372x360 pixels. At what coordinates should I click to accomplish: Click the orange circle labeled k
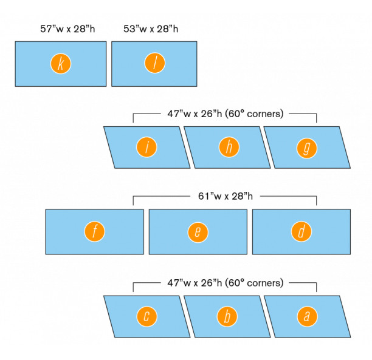[60, 64]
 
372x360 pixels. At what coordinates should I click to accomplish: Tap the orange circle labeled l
[154, 64]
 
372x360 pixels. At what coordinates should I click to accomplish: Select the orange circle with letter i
[146, 147]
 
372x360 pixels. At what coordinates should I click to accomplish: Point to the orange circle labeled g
[307, 147]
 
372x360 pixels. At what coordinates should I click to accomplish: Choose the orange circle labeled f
[95, 231]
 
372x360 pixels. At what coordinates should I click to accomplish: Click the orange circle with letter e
[198, 231]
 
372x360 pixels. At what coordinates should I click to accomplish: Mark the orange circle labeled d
[301, 231]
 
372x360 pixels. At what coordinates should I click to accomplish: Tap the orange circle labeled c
[146, 316]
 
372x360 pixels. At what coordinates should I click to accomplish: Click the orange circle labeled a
[307, 316]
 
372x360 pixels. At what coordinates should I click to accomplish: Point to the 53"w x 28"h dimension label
[154, 29]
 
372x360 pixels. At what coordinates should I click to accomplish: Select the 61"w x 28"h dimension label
[226, 196]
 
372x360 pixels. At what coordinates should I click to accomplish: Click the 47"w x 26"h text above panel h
[195, 113]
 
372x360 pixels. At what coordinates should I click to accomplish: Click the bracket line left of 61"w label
[161, 196]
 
